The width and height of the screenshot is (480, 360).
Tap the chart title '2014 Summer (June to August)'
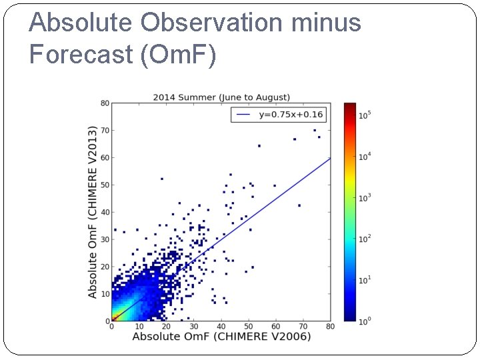tap(221, 97)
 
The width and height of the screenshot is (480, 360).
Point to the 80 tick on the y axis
tap(105, 103)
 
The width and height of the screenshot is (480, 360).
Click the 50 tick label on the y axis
tap(105, 185)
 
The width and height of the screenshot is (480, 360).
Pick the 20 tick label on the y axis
tap(105, 267)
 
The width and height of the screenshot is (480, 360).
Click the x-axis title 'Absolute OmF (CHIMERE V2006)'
tap(221, 337)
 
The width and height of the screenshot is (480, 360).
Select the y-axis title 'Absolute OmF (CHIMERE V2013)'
tap(93, 211)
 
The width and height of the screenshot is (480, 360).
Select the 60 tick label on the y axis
tap(105, 157)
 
